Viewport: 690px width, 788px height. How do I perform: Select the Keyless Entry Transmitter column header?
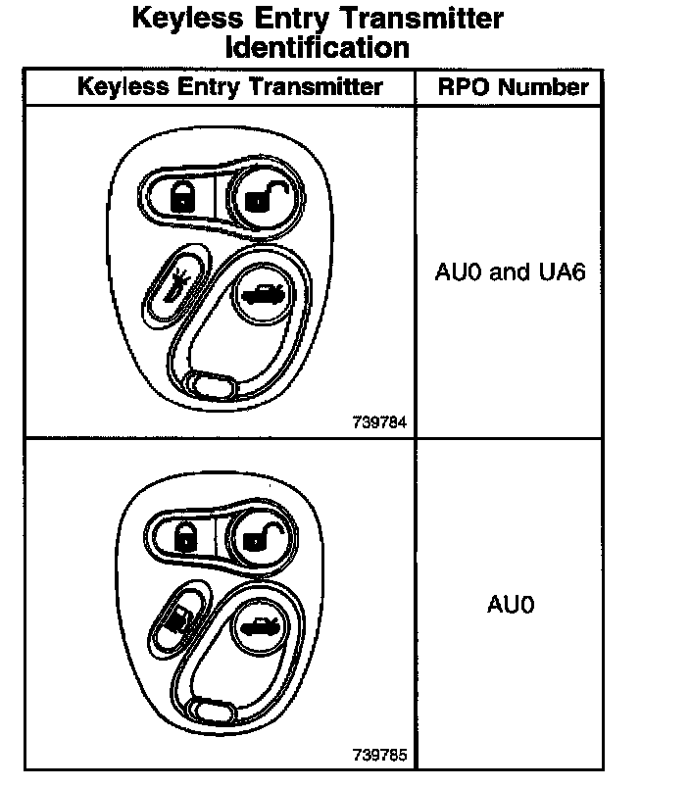(x=229, y=87)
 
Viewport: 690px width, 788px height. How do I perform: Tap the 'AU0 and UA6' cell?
(x=510, y=271)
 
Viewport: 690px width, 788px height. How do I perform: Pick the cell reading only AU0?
(x=511, y=604)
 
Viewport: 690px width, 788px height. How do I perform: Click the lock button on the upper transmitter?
(x=182, y=196)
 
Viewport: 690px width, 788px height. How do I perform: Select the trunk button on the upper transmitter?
(x=260, y=293)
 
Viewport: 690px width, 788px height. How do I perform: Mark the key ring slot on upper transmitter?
(x=211, y=386)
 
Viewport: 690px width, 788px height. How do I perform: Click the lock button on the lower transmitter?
(x=184, y=534)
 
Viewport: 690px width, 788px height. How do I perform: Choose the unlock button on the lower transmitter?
(x=260, y=536)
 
